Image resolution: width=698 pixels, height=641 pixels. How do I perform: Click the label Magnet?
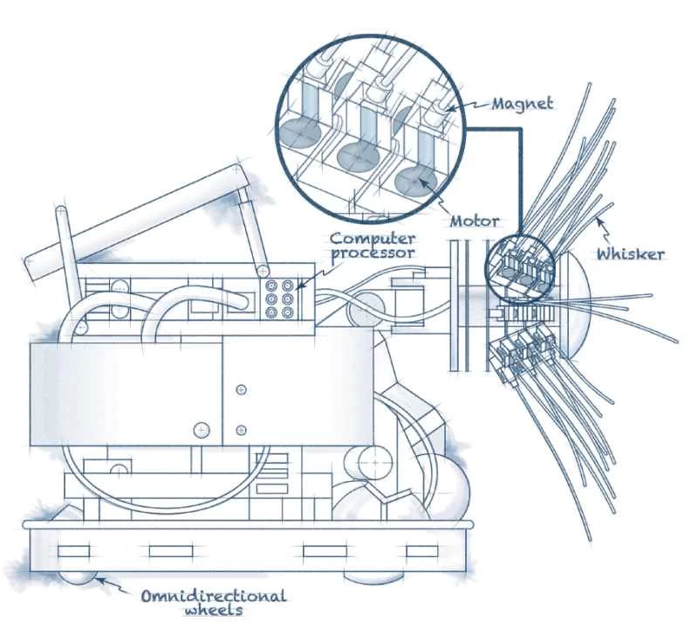click(x=522, y=104)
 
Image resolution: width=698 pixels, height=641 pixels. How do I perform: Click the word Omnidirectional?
click(x=214, y=596)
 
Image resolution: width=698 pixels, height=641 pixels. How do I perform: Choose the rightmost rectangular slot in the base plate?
click(x=421, y=551)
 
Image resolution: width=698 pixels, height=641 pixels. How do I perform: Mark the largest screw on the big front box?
click(x=202, y=430)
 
